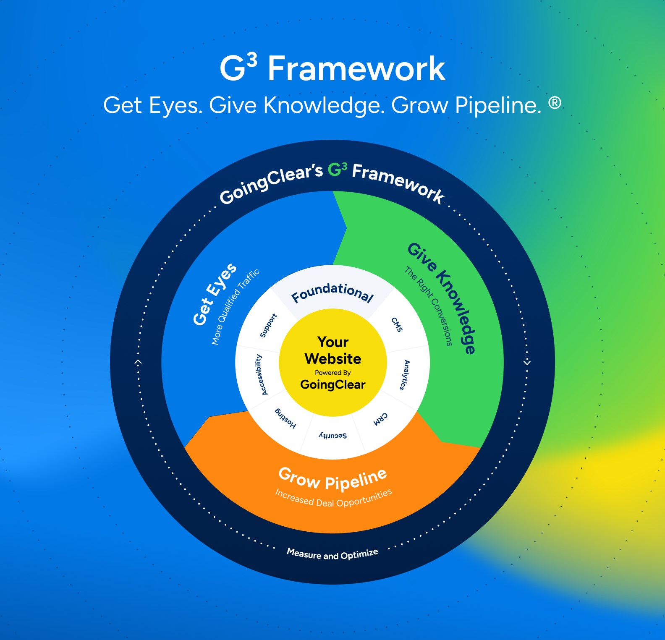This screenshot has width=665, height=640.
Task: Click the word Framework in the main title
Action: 356,69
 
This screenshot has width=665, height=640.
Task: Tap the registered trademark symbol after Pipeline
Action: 555,103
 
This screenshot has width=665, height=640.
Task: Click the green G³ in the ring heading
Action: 337,170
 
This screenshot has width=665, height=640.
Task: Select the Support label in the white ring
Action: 268,325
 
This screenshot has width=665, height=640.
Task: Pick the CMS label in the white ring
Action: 397,324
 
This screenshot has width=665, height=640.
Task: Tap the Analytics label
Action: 404,375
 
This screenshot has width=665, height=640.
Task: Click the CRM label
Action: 381,418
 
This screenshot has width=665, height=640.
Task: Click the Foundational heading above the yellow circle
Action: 332,292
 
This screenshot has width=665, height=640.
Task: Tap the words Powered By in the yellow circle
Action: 332,373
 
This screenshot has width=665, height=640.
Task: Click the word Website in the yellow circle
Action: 333,359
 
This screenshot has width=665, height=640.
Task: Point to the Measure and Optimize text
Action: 332,554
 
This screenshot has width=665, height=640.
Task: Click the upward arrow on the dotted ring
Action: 138,362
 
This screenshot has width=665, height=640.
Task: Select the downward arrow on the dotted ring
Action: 527,362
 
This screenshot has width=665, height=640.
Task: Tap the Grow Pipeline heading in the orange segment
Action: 332,479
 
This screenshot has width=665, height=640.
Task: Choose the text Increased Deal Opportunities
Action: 333,498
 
